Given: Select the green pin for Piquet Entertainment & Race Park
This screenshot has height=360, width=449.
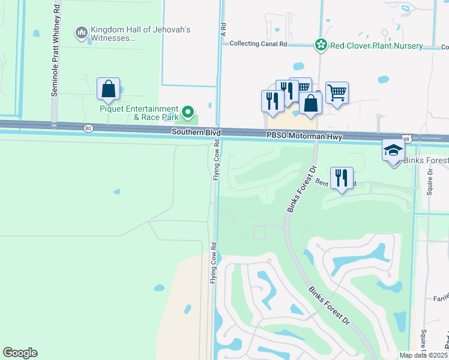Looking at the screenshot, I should tap(188, 111).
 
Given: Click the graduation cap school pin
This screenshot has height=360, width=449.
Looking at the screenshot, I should tap(393, 149).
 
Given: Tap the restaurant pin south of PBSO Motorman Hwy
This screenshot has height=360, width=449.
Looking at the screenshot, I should tap(342, 178).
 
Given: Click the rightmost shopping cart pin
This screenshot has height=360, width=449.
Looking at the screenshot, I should tap(337, 92).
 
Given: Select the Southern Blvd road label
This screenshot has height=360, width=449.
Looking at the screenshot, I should tap(196, 131).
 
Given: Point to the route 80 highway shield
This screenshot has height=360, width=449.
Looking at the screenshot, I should tap(88, 128).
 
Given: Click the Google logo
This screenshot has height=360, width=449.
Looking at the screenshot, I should tap(20, 353).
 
